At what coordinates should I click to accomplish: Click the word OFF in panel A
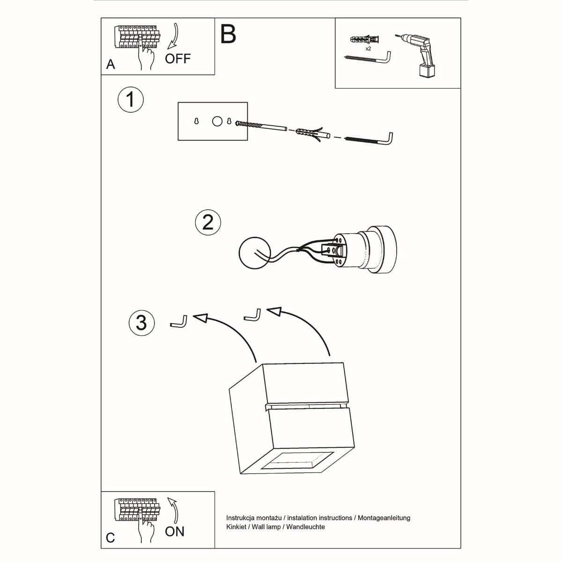point(177,59)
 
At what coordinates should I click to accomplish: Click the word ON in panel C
point(174,532)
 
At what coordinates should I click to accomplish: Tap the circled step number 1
point(130,100)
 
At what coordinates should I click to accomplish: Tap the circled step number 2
point(208,222)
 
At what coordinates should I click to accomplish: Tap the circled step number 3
point(141,323)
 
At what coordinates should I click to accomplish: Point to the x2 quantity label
point(368,49)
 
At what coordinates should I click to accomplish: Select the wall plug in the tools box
point(366,38)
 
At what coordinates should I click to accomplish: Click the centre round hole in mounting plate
point(217,121)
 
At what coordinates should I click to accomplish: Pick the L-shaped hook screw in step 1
point(370,139)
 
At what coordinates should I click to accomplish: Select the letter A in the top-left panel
point(111,64)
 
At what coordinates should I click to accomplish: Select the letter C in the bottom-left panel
point(110,538)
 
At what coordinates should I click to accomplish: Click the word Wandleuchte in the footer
point(305,527)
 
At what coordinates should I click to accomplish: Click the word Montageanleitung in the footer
point(384,518)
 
